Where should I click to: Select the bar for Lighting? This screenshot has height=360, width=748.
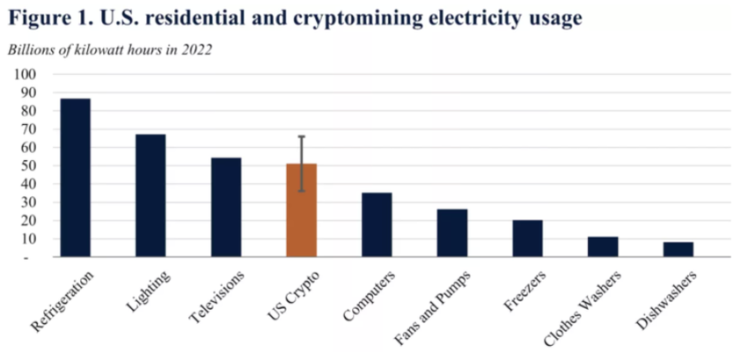pos(150,195)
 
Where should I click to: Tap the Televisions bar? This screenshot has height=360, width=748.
pos(226,207)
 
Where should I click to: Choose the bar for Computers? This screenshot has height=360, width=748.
pos(377,224)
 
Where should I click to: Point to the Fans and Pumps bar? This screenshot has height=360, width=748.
pos(452,232)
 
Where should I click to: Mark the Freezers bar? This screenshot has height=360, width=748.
pos(528,238)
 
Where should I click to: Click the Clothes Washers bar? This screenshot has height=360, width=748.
pos(604,246)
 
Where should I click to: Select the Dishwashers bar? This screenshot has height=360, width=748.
pos(678,249)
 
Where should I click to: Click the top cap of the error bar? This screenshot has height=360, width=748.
pos(302,136)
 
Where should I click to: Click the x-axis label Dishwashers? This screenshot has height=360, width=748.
pos(668,299)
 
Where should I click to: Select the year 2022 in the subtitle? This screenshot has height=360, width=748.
pos(194,48)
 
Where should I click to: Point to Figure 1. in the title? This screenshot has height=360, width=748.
pos(48,17)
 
